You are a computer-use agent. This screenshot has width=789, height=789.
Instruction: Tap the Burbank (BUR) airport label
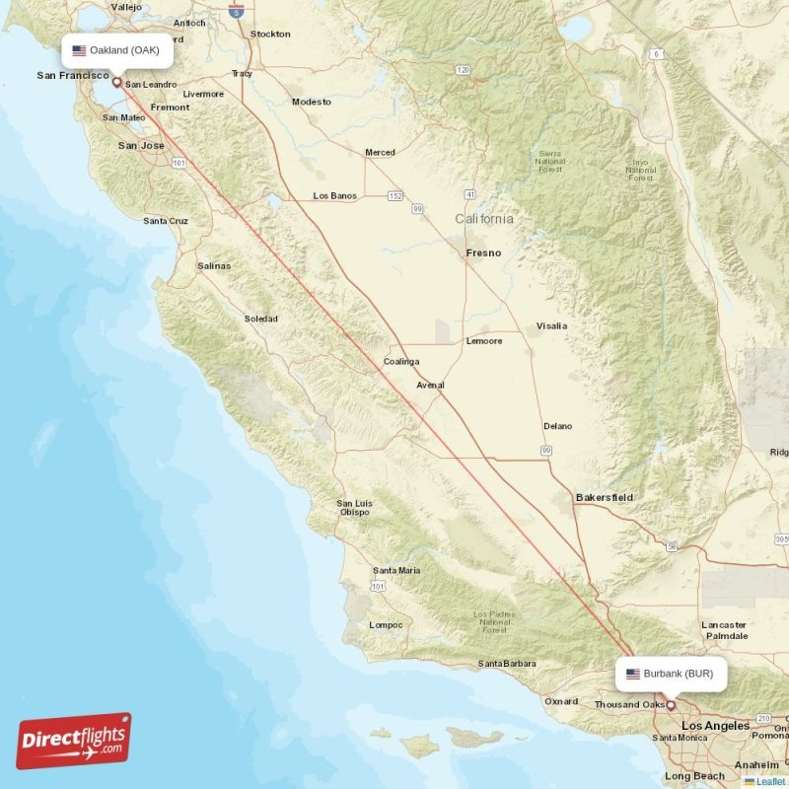[x=671, y=675]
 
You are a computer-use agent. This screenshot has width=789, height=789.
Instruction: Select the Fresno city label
[x=483, y=253]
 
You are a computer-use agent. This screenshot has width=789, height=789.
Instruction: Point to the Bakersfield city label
[x=605, y=498]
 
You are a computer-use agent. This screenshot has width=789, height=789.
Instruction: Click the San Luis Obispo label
[x=353, y=508]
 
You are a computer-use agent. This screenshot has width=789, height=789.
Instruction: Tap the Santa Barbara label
[x=508, y=664]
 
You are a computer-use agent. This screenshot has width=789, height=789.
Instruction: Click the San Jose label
[x=141, y=146]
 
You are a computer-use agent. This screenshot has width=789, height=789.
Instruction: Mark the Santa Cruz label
[x=165, y=221]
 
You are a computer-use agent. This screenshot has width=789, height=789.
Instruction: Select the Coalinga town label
[x=401, y=362]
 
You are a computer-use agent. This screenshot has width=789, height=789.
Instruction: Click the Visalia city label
[x=551, y=325]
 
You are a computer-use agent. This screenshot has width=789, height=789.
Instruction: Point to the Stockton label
[x=270, y=34]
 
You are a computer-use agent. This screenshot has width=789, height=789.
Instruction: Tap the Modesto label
[x=312, y=102]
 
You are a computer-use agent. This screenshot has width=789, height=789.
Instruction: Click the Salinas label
[x=214, y=266]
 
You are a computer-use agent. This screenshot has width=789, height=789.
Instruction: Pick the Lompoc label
[x=385, y=624]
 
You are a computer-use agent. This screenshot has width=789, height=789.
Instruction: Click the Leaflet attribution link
[x=770, y=781]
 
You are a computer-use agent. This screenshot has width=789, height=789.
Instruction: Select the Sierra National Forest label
[x=550, y=160]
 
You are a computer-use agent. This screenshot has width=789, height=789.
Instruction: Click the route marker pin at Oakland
[x=117, y=83]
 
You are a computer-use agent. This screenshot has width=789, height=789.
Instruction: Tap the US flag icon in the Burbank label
[x=633, y=675]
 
